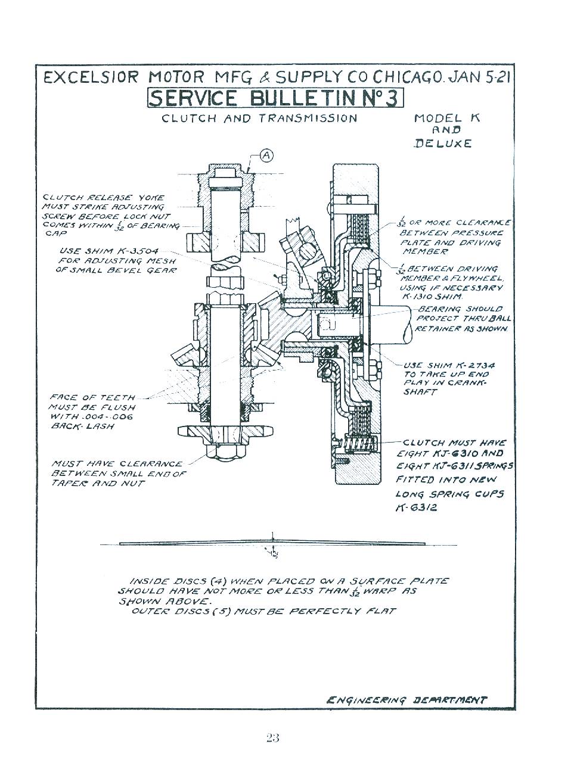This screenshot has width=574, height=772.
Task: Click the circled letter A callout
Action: [x=266, y=155]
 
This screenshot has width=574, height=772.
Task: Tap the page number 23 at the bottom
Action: [x=272, y=738]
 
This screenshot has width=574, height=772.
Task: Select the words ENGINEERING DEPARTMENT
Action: [x=407, y=700]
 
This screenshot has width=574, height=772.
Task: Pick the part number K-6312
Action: [x=416, y=508]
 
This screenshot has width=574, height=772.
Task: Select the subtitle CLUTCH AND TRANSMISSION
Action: [x=259, y=118]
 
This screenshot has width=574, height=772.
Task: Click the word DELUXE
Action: [x=442, y=143]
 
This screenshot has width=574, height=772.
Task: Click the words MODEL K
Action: [x=446, y=118]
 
